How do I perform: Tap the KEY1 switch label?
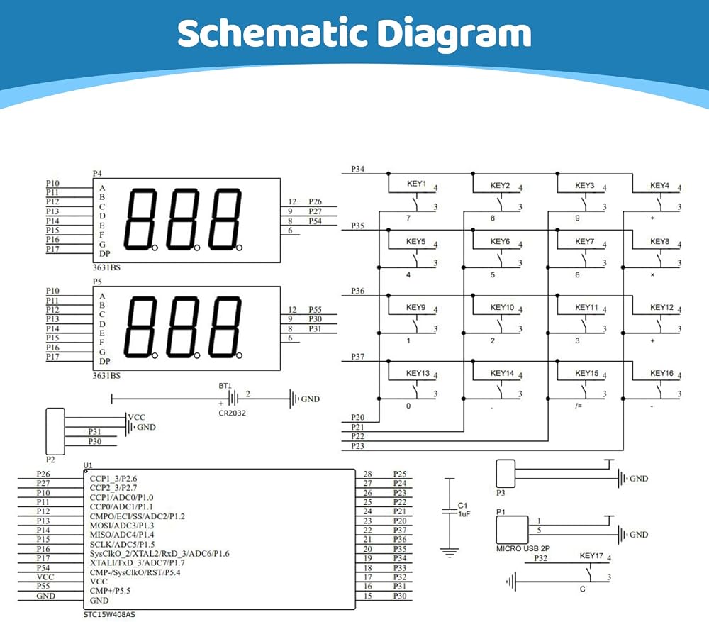click(x=416, y=183)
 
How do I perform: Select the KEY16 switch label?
click(x=661, y=373)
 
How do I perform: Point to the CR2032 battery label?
click(x=232, y=413)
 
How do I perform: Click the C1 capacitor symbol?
click(x=450, y=511)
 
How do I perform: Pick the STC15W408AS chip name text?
click(x=109, y=614)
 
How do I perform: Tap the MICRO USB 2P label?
click(x=523, y=548)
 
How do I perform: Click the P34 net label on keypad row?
click(x=357, y=169)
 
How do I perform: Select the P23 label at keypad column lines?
click(x=357, y=446)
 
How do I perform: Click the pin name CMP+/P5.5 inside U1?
click(x=110, y=591)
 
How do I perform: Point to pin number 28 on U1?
click(x=367, y=474)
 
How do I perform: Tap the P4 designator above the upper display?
click(x=97, y=173)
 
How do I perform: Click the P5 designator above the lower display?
click(x=97, y=282)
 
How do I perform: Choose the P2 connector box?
click(x=55, y=431)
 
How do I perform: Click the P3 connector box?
click(x=506, y=474)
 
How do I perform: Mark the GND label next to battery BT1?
click(x=311, y=399)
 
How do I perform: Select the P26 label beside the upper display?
click(x=316, y=201)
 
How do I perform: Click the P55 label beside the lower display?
click(x=316, y=310)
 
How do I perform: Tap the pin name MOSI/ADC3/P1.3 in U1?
click(x=122, y=526)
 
